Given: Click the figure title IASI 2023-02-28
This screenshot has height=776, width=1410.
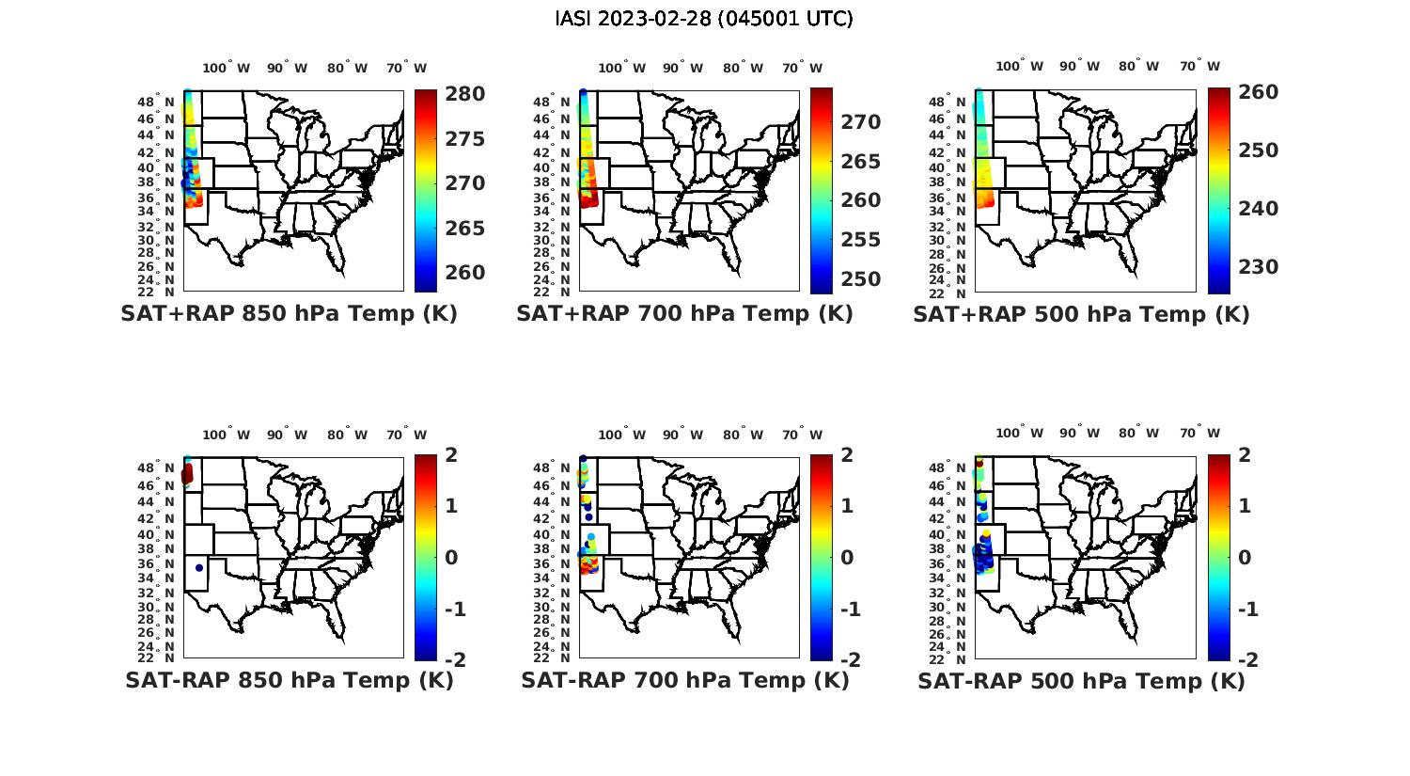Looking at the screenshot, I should pyautogui.click(x=704, y=19).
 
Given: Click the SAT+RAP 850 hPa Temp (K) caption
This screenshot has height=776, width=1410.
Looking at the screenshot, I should pyautogui.click(x=289, y=314).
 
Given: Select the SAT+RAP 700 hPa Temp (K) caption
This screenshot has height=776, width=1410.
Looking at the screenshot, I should pyautogui.click(x=684, y=314).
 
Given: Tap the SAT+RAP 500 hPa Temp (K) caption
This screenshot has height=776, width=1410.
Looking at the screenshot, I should pyautogui.click(x=1081, y=314).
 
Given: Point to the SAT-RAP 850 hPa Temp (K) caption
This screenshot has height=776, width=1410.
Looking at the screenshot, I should pyautogui.click(x=289, y=680).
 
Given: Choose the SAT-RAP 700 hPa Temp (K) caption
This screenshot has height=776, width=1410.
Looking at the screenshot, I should pyautogui.click(x=684, y=680).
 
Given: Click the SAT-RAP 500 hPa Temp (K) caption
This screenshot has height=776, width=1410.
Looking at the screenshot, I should pyautogui.click(x=1081, y=680).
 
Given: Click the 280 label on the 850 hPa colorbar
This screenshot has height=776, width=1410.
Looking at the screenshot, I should pyautogui.click(x=464, y=94).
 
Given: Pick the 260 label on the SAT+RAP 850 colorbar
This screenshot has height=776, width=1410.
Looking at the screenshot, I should pyautogui.click(x=464, y=273).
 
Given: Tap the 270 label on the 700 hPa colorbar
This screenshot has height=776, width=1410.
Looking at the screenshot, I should pyautogui.click(x=860, y=122).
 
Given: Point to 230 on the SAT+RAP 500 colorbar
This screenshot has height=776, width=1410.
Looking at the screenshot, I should pyautogui.click(x=1258, y=267).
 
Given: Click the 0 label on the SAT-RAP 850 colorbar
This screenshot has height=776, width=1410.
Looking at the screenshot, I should pyautogui.click(x=450, y=558).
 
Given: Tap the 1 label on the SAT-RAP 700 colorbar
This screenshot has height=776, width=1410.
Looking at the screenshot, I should pyautogui.click(x=846, y=506).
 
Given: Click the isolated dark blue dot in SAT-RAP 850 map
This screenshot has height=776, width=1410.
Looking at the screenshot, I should pyautogui.click(x=199, y=567).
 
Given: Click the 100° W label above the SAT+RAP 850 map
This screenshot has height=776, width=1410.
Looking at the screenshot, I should pyautogui.click(x=227, y=68).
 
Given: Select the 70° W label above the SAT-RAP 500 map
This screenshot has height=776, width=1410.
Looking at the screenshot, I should pyautogui.click(x=1199, y=434).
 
